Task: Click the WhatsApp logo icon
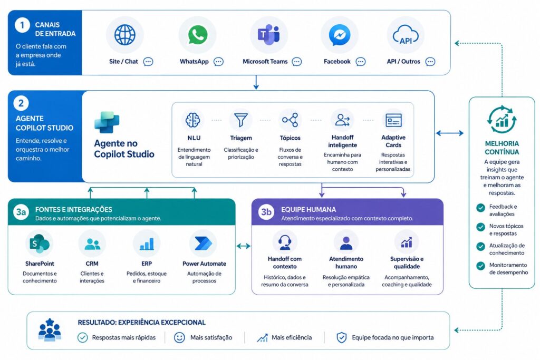tap(198, 35)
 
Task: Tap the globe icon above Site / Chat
tap(124, 35)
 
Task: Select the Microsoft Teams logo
tap(268, 35)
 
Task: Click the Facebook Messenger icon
tap(340, 35)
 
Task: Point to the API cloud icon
tap(406, 35)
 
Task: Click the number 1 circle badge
tap(22, 25)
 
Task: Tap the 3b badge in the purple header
tap(266, 212)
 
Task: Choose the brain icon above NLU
tap(193, 120)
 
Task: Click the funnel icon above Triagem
tap(240, 120)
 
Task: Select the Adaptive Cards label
tap(393, 141)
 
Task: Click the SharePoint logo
tap(39, 244)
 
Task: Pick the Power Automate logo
tap(204, 244)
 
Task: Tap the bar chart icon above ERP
tap(147, 244)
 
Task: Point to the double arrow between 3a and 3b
tap(244, 246)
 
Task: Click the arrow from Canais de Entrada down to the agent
tap(256, 82)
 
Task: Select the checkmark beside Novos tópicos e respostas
tap(481, 227)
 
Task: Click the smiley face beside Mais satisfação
tap(179, 338)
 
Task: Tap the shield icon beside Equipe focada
tap(341, 338)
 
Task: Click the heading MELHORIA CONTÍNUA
tap(502, 148)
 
